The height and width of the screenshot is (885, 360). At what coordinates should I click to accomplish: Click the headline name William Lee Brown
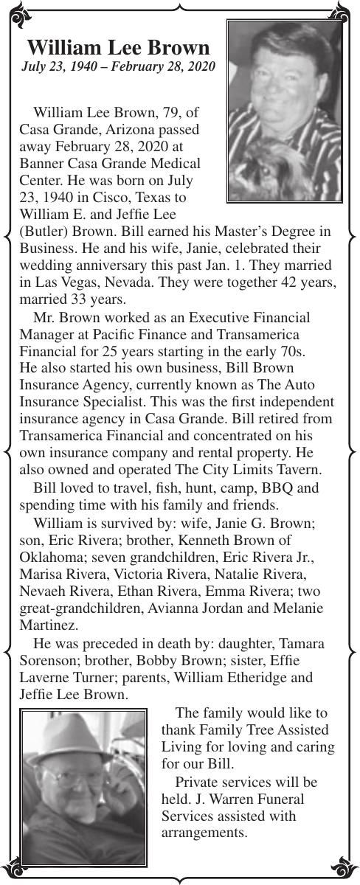click(x=118, y=49)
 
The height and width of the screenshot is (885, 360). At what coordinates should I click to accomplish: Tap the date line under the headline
click(x=118, y=67)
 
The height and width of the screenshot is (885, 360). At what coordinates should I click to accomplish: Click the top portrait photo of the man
click(x=284, y=111)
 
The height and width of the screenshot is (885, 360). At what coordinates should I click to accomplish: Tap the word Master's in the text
click(x=233, y=231)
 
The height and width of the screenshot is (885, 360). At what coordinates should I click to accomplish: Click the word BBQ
click(x=286, y=488)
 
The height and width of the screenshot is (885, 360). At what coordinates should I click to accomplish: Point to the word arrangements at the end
click(x=203, y=833)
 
